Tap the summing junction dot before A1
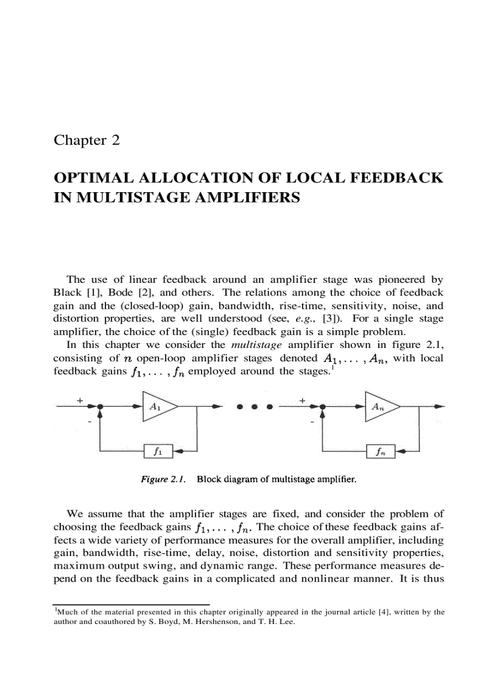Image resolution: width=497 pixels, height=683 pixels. tap(99, 406)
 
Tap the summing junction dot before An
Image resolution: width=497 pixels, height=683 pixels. tap(322, 406)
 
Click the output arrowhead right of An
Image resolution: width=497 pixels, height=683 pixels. tap(439, 406)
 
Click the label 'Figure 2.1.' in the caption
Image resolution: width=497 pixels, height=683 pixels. tap(163, 479)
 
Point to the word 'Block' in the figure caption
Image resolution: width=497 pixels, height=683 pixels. tap(210, 479)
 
